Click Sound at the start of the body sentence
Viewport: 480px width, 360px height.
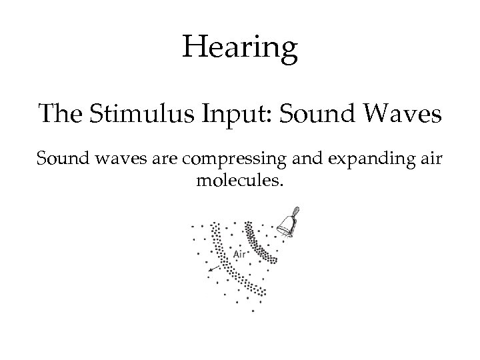(x=59, y=159)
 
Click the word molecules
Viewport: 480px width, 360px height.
(x=240, y=181)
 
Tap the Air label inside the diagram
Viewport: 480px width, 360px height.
(x=241, y=254)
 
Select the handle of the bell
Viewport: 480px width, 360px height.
(x=295, y=211)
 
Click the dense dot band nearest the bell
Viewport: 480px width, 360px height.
(x=259, y=243)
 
